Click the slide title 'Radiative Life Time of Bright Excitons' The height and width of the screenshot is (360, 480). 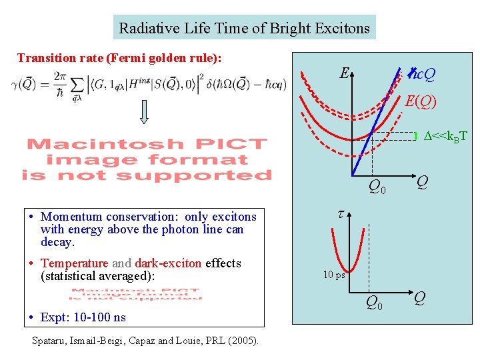pyautogui.click(x=244, y=28)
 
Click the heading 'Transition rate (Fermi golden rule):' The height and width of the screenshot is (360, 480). pyautogui.click(x=119, y=58)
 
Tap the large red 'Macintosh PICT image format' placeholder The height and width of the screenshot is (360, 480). pyautogui.click(x=147, y=160)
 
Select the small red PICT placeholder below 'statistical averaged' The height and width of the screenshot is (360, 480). pyautogui.click(x=136, y=295)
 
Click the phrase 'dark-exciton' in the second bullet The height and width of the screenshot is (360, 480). pyautogui.click(x=169, y=263)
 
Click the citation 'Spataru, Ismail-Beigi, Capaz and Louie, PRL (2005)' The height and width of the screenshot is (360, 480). pyautogui.click(x=146, y=341)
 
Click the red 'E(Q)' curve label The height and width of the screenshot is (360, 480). pyautogui.click(x=421, y=102)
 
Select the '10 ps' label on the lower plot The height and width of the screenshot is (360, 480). pyautogui.click(x=334, y=275)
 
